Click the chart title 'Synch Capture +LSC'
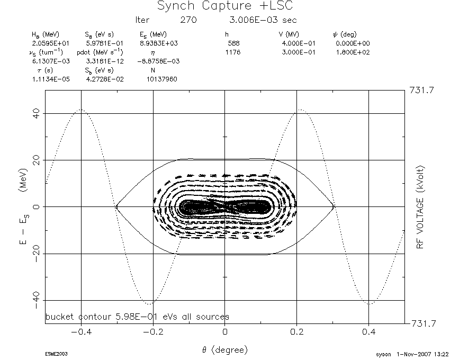tap(225, 6)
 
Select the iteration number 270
tap(188, 20)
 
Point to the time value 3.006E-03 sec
tap(263, 20)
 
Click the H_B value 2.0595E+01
tap(51, 43)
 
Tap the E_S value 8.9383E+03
tap(159, 43)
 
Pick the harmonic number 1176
tap(233, 52)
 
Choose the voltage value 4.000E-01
tap(299, 43)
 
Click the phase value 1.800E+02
tap(353, 52)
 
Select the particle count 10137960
tap(162, 79)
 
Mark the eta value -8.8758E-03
tap(158, 61)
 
